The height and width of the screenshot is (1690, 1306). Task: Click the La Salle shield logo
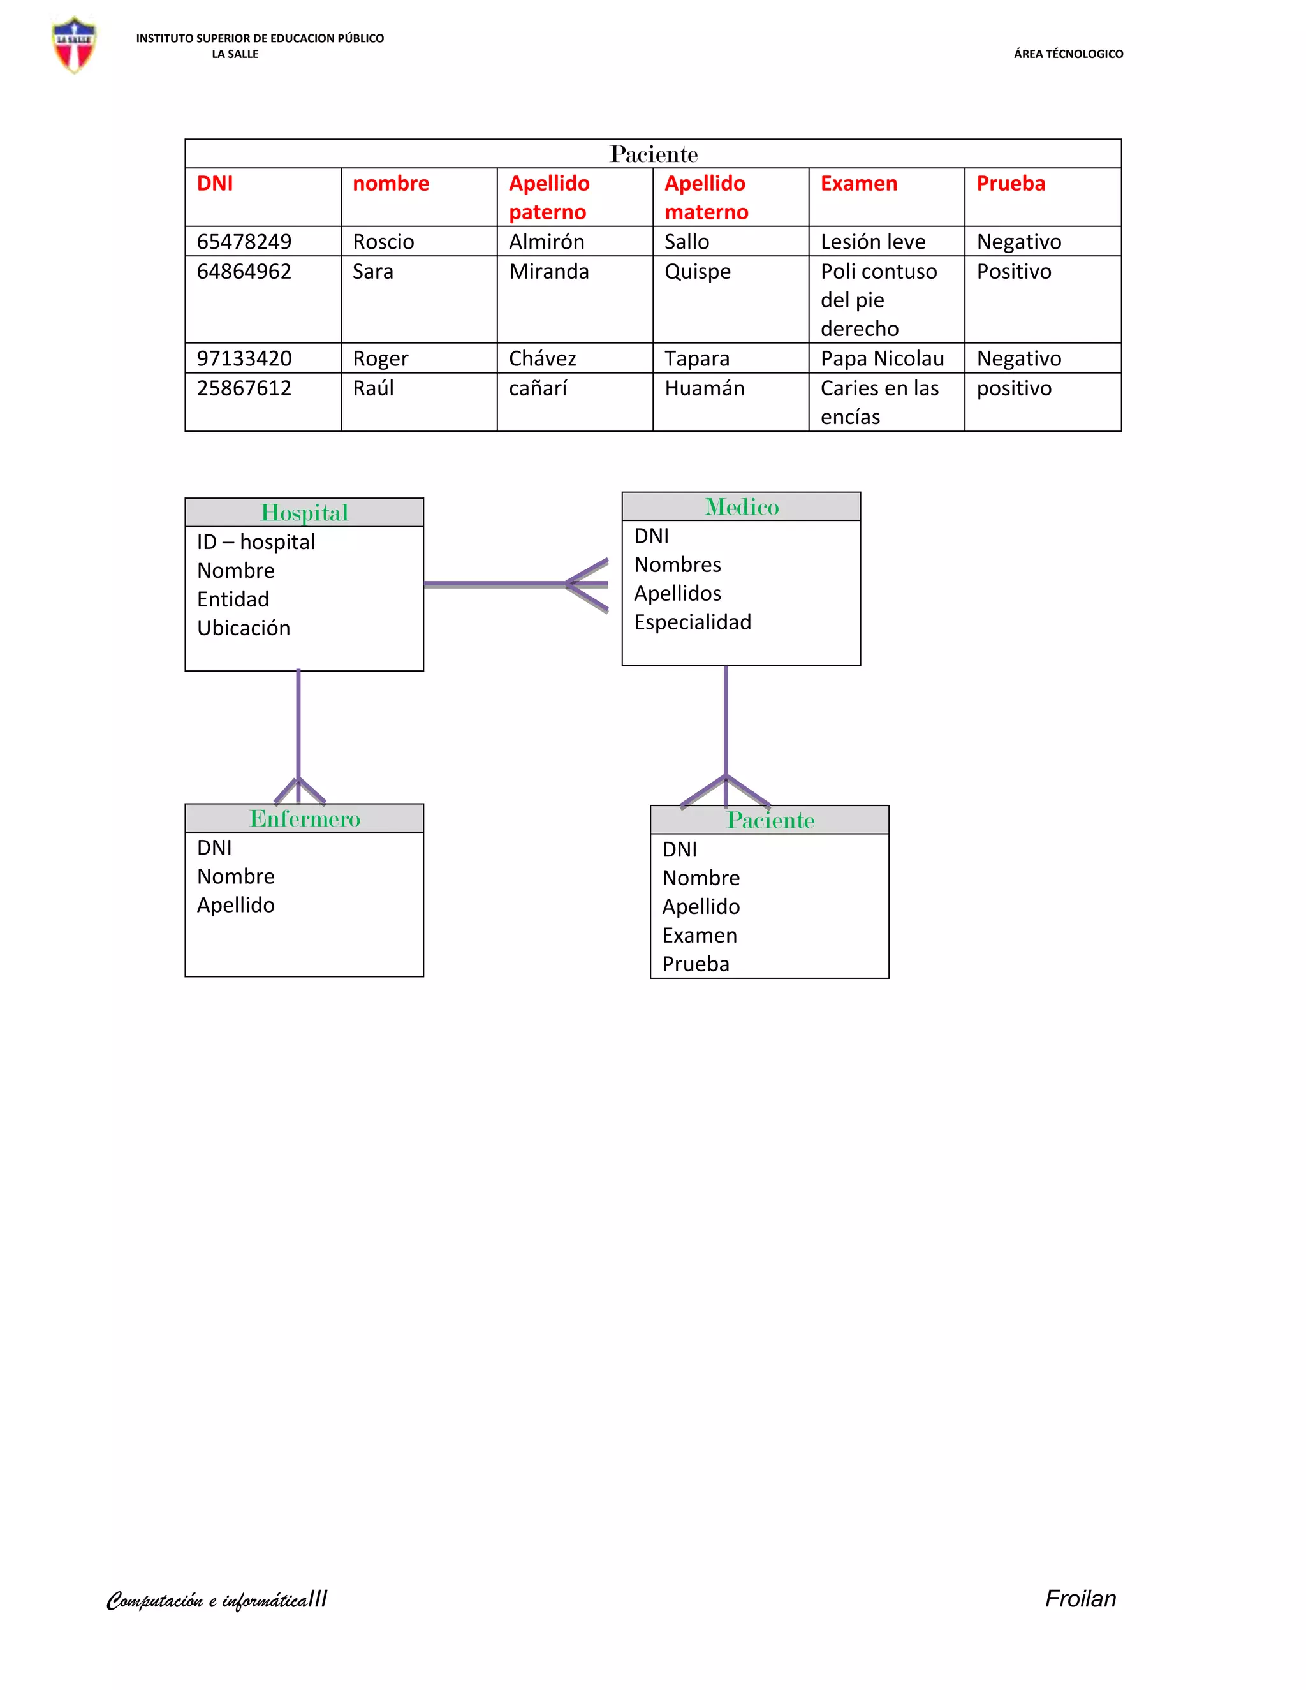pyautogui.click(x=74, y=45)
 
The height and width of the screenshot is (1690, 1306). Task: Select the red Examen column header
pyautogui.click(x=858, y=184)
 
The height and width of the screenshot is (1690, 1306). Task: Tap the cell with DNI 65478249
pyautogui.click(x=244, y=242)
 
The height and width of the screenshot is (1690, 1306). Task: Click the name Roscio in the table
pyautogui.click(x=383, y=242)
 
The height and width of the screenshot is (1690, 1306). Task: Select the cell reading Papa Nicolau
pyautogui.click(x=882, y=359)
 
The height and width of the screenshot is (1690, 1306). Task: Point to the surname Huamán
pyautogui.click(x=704, y=388)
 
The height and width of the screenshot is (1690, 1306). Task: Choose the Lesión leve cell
pyautogui.click(x=873, y=242)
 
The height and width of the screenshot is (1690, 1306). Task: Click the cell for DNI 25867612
pyautogui.click(x=244, y=388)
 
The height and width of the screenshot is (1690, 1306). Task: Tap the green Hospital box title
pyautogui.click(x=304, y=513)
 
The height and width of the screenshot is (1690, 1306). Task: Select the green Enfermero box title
pyautogui.click(x=304, y=819)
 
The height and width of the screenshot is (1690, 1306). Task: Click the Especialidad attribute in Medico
pyautogui.click(x=693, y=622)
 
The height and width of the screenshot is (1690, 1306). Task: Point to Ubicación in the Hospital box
pyautogui.click(x=244, y=628)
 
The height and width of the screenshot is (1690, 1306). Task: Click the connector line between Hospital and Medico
pyautogui.click(x=495, y=584)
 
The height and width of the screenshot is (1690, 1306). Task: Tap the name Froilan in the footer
pyautogui.click(x=1080, y=1599)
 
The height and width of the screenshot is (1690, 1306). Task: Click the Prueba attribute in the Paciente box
pyautogui.click(x=696, y=964)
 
